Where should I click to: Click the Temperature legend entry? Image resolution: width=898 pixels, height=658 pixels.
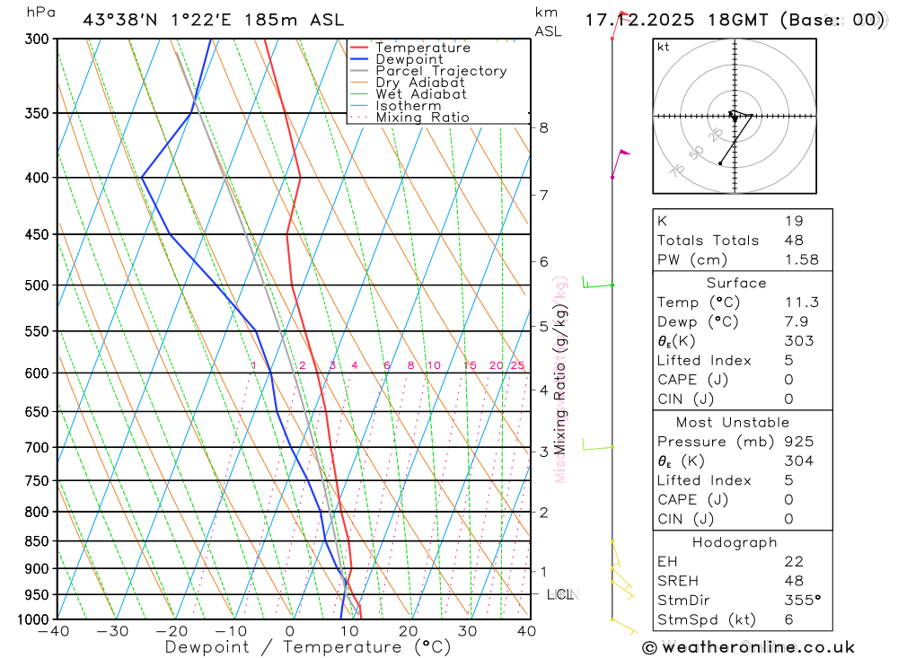tap(422, 48)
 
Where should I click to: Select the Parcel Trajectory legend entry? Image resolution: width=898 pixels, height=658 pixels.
tap(441, 71)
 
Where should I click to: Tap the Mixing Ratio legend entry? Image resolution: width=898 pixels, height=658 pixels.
tap(422, 118)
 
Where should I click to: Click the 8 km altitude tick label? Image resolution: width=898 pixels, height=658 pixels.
tap(544, 127)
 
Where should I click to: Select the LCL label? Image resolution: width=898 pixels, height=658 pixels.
tap(560, 594)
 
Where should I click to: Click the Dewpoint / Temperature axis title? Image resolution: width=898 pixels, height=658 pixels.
tap(308, 647)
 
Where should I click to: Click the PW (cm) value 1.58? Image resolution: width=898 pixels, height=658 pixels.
tap(802, 259)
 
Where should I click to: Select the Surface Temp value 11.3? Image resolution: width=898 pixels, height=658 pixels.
tap(802, 303)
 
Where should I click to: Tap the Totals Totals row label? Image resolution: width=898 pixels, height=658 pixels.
tap(708, 240)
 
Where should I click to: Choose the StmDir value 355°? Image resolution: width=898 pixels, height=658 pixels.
tap(802, 601)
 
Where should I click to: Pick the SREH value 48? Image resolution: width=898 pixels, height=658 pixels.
tap(794, 581)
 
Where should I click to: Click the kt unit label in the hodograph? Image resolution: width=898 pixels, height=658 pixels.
tap(664, 47)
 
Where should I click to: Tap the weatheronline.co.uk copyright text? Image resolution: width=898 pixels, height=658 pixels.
tap(748, 647)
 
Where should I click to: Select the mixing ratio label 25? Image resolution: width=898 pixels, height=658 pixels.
tap(517, 365)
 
